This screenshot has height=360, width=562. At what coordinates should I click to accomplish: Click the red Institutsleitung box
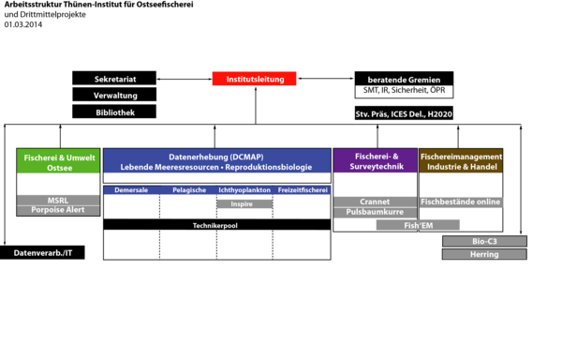pos(255,80)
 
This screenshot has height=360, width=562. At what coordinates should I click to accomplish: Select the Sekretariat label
pos(122,80)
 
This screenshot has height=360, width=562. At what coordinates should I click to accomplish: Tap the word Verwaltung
pos(116,97)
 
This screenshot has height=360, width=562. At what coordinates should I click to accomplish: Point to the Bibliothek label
pos(115,112)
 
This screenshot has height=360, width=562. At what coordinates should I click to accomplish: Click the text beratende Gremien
pos(397,81)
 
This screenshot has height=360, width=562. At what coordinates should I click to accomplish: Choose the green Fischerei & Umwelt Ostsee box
pos(57,160)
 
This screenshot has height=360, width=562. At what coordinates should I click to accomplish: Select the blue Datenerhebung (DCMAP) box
pos(216,160)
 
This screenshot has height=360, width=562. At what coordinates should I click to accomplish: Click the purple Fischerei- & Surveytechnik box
pos(375,160)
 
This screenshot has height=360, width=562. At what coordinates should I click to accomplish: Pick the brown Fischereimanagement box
pos(460,160)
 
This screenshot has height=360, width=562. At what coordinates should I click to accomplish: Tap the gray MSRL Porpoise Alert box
pos(57,204)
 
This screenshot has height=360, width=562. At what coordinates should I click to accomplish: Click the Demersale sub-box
pos(131,190)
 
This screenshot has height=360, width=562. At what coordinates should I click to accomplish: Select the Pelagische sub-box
pos(188,190)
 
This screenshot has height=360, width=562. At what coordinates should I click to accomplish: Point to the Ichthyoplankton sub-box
pos(244,190)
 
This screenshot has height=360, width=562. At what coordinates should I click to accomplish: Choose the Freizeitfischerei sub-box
pos(303,190)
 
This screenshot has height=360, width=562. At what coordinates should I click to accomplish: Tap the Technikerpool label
pos(215,226)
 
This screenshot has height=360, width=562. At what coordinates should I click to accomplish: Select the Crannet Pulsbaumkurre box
pos(375,206)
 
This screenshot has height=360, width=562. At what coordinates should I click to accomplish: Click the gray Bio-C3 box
pos(484,241)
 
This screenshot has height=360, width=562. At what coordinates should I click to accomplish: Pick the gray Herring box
pos(484,254)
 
